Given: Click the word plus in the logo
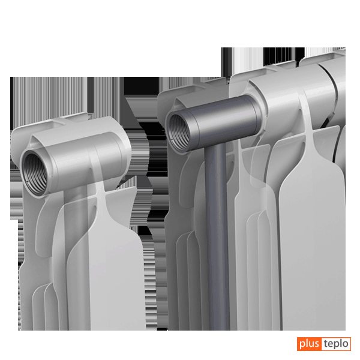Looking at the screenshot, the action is (309, 344).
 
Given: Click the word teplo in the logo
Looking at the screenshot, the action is (336, 344).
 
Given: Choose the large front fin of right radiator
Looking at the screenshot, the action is (312, 248).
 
